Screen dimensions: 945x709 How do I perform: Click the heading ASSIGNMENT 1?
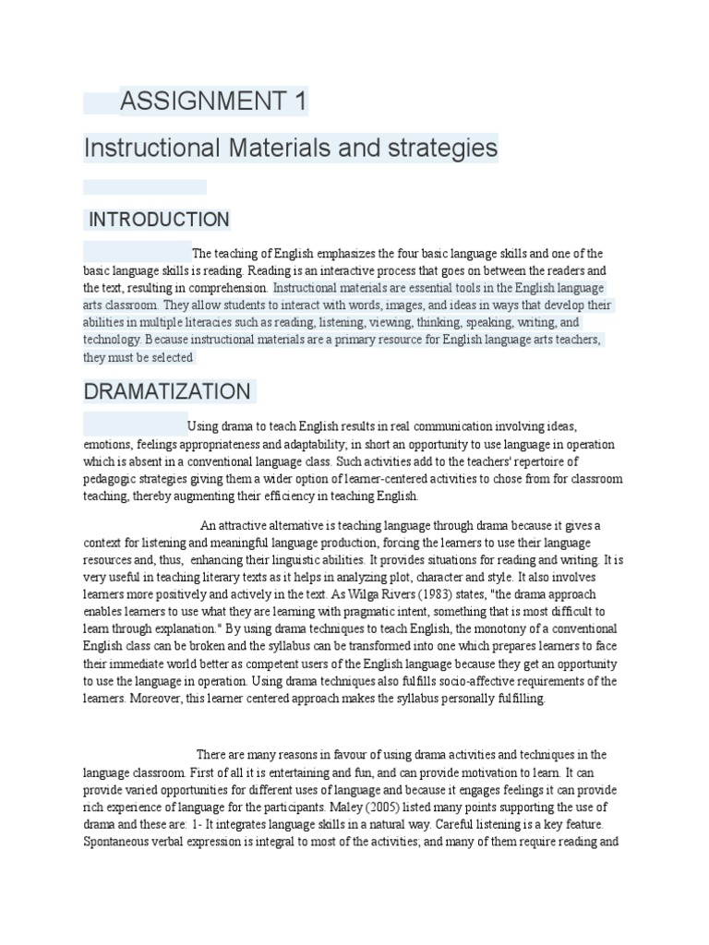click(212, 102)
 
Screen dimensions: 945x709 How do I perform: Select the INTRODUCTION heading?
click(158, 220)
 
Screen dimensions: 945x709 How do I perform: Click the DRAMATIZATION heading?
click(167, 391)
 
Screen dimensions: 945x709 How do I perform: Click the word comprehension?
click(228, 288)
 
